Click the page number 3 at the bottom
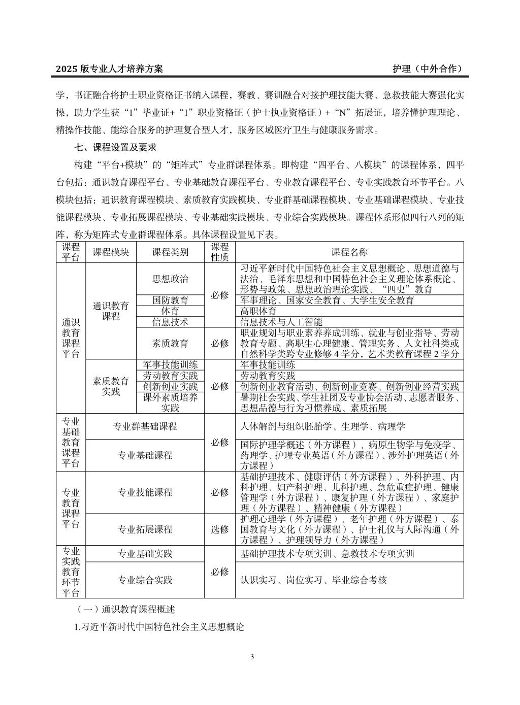252,657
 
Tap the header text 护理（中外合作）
428,69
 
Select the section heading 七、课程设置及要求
115,148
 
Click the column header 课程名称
349,252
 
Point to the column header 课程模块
111,252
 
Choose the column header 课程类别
170,252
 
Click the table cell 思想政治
170,279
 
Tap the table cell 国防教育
170,300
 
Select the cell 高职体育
258,311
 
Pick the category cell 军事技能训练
170,364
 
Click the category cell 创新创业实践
170,387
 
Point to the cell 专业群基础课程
145,426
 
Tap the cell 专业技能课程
145,492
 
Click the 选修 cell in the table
220,529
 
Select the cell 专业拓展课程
145,529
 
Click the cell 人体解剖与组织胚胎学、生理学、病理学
322,426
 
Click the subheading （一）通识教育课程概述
124,609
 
